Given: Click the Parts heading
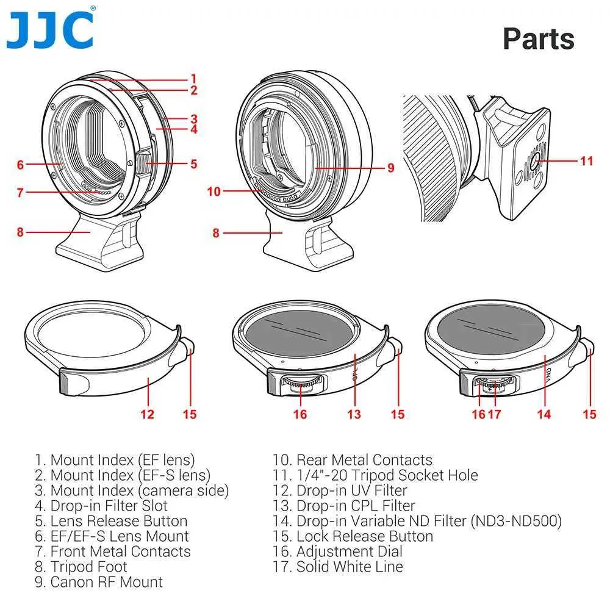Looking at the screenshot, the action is click(539, 39).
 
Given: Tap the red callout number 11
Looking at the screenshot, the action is click(587, 160).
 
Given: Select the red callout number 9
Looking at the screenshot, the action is click(390, 168).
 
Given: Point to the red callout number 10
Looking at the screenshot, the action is click(214, 191).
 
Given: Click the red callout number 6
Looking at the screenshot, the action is click(20, 165).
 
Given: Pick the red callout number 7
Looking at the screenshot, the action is click(20, 192).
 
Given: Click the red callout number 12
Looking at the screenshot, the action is click(148, 414).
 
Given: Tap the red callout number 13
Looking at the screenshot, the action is click(354, 414).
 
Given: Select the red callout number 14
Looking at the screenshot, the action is click(544, 414).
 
